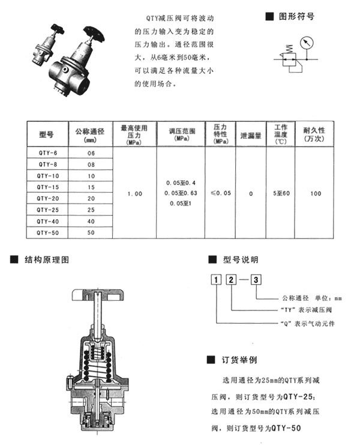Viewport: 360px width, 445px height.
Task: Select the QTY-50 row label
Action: (x=46, y=232)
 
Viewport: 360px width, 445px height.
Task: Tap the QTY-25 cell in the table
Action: (x=46, y=210)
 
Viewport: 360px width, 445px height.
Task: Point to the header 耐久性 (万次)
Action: (x=313, y=134)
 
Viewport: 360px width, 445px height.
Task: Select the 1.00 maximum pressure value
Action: (x=136, y=193)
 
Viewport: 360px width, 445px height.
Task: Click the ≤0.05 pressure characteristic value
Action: (x=221, y=193)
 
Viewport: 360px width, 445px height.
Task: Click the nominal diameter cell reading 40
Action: (x=91, y=221)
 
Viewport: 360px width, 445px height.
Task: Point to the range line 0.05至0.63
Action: (x=180, y=193)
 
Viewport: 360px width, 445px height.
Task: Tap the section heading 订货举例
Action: (x=240, y=360)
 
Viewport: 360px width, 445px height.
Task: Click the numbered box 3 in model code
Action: (x=256, y=279)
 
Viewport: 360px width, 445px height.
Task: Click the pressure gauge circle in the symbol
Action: (x=308, y=46)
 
